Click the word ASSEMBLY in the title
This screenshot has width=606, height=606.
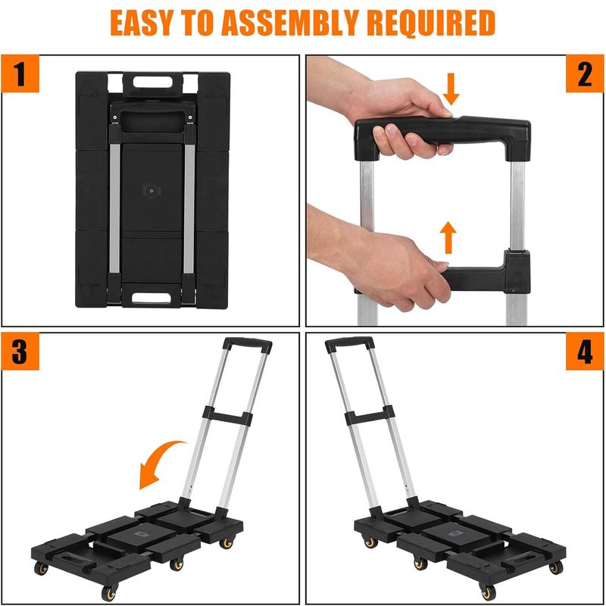[x=291, y=23]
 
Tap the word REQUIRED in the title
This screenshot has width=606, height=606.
[x=431, y=23]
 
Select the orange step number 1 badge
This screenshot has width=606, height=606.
[x=20, y=73]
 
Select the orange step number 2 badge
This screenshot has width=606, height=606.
[x=585, y=73]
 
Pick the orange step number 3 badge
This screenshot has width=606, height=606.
[x=20, y=351]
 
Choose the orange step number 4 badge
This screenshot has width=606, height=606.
[x=585, y=351]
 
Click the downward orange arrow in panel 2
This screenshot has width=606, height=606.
[x=451, y=89]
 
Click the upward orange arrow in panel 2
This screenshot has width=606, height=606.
[x=448, y=237]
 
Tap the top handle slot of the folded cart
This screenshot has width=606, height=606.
[x=153, y=82]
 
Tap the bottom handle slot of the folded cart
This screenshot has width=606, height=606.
[x=151, y=298]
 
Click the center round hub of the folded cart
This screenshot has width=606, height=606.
[x=151, y=191]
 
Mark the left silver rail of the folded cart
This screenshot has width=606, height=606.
[x=115, y=209]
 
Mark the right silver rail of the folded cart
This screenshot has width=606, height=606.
[x=189, y=209]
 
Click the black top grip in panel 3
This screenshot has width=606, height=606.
[x=248, y=345]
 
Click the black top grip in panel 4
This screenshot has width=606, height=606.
[x=349, y=344]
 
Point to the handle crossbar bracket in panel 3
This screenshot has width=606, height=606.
[x=227, y=416]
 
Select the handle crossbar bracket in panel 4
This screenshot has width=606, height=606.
[x=370, y=415]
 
